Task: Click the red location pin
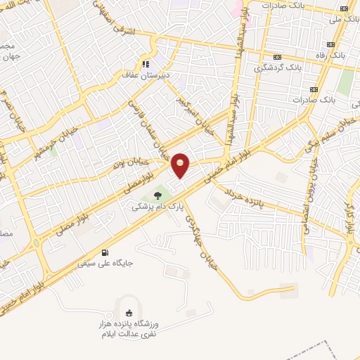[181, 165]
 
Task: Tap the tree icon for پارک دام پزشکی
[157, 195]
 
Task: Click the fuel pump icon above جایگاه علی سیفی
[105, 252]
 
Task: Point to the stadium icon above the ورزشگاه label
[128, 314]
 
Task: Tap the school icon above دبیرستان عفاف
[146, 63]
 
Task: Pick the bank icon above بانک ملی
[343, 8]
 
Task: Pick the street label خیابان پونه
[129, 163]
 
